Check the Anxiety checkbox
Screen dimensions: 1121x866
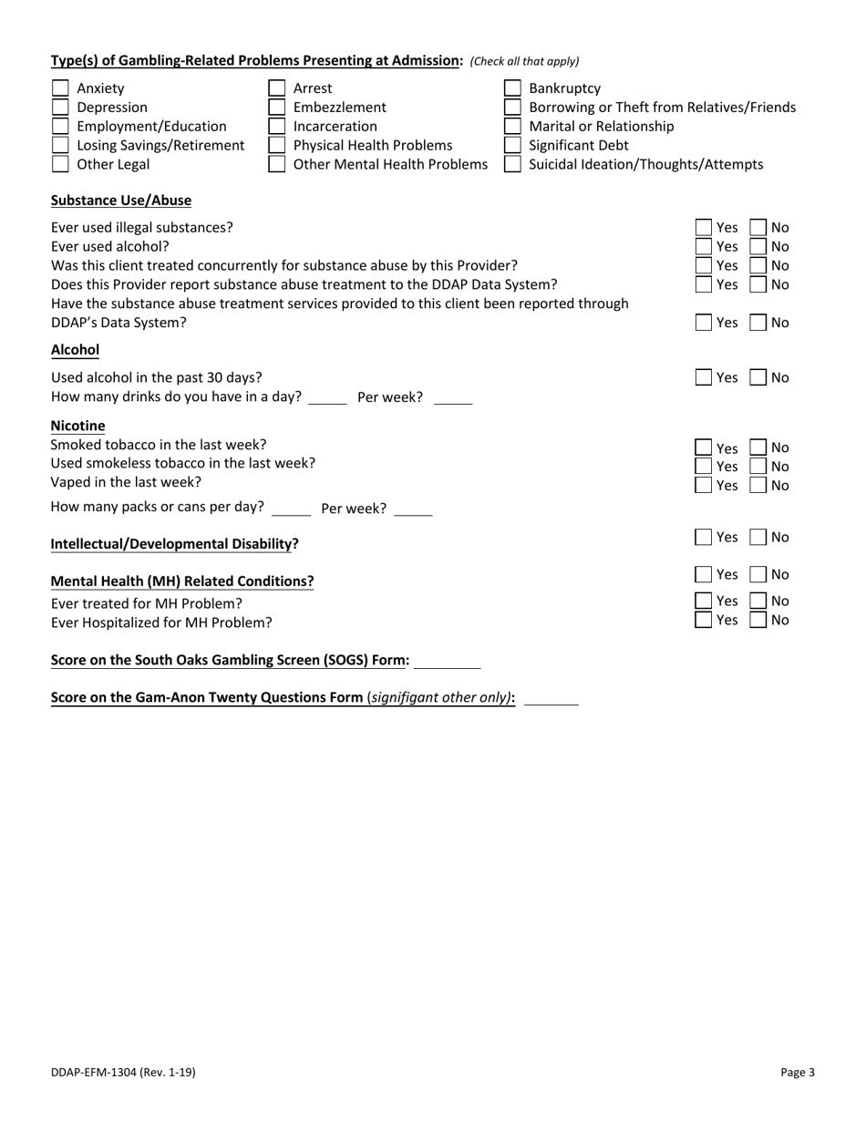pos(60,88)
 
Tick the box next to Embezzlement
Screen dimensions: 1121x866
pos(276,108)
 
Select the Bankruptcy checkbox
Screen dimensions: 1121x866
pos(513,88)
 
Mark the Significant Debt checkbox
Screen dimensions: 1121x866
pos(513,146)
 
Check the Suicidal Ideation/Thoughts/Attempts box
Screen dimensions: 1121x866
pos(513,165)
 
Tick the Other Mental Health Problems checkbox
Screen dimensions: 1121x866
pos(276,165)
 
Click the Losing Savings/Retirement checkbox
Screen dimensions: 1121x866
pos(60,146)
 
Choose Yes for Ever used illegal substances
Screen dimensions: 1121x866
pos(705,228)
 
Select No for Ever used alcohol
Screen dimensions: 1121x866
pos(758,247)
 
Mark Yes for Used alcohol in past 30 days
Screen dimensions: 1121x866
pos(705,377)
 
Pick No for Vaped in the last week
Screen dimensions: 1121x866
pos(758,486)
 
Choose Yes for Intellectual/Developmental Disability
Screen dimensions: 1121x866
pos(705,538)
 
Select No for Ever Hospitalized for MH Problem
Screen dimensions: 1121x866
pos(758,621)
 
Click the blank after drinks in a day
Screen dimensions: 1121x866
pos(328,398)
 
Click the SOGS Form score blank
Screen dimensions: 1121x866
pos(447,661)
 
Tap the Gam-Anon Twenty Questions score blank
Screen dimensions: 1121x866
pos(552,698)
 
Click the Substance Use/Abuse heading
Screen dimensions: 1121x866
pos(120,201)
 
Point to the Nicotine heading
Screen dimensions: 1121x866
pos(77,426)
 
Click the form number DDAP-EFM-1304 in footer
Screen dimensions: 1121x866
pos(122,1073)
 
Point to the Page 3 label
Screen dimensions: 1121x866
pos(798,1073)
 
